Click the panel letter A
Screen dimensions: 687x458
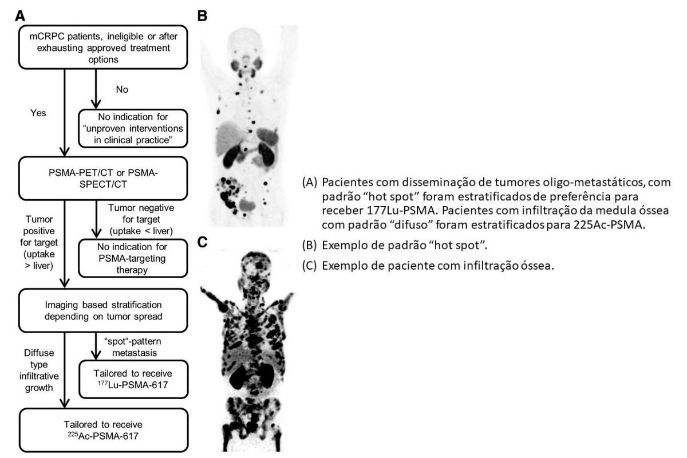[x=20, y=16]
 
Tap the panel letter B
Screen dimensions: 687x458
[x=203, y=16]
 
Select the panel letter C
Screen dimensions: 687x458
[x=203, y=242]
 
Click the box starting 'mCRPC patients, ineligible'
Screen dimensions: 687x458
[x=103, y=48]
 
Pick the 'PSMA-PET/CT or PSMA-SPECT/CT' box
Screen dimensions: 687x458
[x=103, y=179]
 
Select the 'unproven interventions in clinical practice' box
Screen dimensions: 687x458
[x=133, y=128]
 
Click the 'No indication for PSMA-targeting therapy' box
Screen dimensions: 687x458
[x=133, y=258]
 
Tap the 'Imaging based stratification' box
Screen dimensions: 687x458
[x=103, y=310]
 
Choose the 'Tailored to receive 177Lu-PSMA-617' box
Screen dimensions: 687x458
[x=133, y=379]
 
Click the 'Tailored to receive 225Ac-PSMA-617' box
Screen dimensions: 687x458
[x=104, y=430]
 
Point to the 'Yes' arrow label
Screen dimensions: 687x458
[x=38, y=113]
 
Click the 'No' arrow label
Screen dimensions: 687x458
[x=122, y=89]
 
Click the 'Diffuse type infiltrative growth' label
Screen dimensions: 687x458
[x=39, y=370]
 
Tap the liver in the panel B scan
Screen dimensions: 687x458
[x=230, y=138]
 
